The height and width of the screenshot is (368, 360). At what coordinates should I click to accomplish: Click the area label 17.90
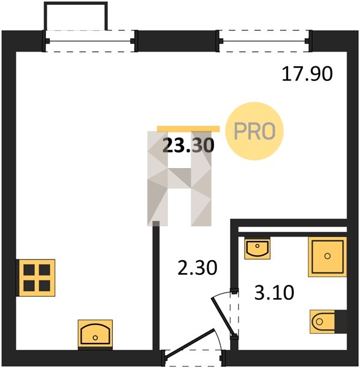[307, 74]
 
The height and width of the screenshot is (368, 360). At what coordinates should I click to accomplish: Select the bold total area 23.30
[188, 145]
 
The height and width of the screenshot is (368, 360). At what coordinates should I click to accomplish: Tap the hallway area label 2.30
[197, 268]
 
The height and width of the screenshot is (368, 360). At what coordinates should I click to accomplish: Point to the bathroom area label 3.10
[274, 293]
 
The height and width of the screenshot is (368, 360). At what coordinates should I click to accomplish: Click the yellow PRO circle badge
[255, 131]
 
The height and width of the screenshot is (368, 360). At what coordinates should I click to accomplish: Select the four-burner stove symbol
[36, 278]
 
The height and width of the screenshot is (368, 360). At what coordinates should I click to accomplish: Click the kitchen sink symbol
[95, 334]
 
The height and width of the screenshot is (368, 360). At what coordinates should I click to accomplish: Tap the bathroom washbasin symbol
[257, 248]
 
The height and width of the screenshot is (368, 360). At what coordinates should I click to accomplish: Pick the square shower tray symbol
[327, 256]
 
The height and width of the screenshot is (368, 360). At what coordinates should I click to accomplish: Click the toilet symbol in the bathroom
[323, 321]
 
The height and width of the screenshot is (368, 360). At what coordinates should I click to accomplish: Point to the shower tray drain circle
[327, 256]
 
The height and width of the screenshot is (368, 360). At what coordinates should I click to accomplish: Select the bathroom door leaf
[223, 316]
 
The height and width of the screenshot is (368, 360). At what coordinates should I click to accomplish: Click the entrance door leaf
[190, 345]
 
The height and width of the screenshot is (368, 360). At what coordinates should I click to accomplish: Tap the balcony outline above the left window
[76, 4]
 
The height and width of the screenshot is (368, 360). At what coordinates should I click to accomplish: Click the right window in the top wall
[264, 41]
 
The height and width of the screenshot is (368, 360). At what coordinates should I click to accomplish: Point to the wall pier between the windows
[177, 41]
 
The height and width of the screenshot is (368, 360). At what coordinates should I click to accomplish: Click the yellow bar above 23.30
[188, 129]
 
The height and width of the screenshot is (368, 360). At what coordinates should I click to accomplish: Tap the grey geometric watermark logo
[180, 178]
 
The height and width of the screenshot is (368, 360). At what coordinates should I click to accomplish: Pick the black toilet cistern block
[341, 321]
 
